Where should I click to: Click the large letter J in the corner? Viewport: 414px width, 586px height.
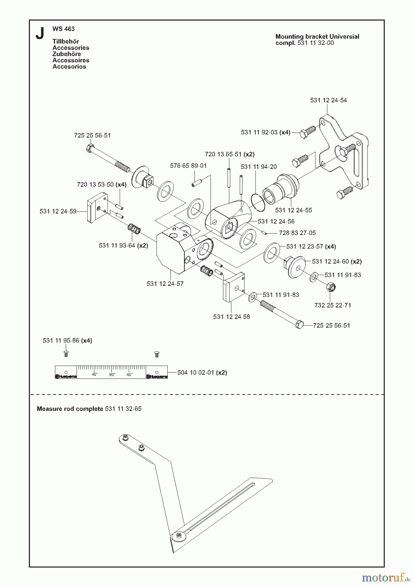pos(40,33)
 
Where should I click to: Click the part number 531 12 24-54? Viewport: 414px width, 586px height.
pos(328,100)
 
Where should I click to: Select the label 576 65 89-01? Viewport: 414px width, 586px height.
pos(188,166)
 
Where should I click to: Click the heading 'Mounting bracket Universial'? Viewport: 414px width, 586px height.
pos(317,36)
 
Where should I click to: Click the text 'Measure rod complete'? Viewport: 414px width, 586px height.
pos(70,409)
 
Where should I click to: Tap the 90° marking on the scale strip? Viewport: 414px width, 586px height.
pos(112,375)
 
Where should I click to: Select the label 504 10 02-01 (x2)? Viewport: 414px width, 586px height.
pos(202,372)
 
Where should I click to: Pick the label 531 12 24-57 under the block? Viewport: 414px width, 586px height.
pos(165,284)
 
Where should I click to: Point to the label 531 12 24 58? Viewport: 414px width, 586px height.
pos(231,317)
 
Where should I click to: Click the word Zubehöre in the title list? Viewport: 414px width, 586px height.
pos(66,54)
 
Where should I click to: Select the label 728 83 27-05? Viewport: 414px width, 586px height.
pos(297,233)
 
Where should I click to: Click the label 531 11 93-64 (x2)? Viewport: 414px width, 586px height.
pos(123,245)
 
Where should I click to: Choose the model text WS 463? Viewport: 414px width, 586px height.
pos(63,29)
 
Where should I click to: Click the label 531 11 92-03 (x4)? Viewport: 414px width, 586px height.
pos(266,132)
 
